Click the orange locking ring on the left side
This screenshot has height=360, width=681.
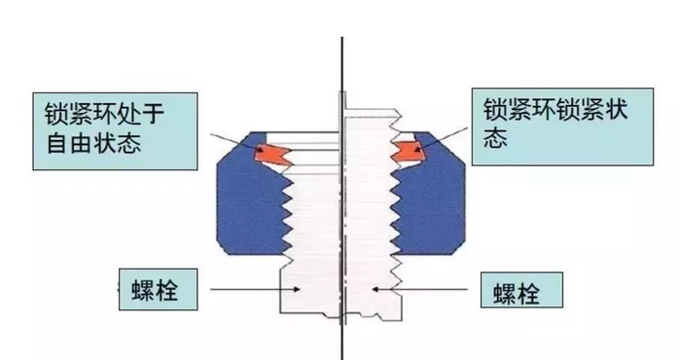tap(271, 152)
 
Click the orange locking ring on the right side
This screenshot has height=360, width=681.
tap(410, 148)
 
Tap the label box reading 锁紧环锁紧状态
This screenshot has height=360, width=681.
tap(560, 126)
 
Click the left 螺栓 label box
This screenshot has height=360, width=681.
tap(156, 291)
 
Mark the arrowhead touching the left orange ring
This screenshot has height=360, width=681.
tap(265, 149)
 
